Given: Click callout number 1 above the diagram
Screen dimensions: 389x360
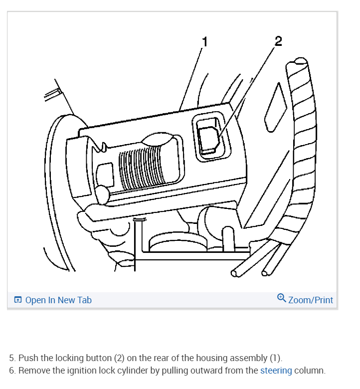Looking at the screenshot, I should pyautogui.click(x=204, y=42).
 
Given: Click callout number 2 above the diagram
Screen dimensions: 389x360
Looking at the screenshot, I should pyautogui.click(x=278, y=41).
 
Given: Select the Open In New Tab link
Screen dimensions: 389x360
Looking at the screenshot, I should pyautogui.click(x=58, y=300).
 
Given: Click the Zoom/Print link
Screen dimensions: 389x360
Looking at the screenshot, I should pyautogui.click(x=310, y=300).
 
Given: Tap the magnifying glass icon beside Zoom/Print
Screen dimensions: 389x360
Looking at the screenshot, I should pyautogui.click(x=282, y=299).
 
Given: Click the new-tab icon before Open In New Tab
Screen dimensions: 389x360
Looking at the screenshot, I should pyautogui.click(x=18, y=300).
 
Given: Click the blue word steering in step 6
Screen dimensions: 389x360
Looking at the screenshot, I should pyautogui.click(x=276, y=371).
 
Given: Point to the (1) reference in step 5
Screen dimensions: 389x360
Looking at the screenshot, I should pyautogui.click(x=275, y=358).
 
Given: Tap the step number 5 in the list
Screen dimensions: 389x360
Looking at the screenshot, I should pyautogui.click(x=12, y=358).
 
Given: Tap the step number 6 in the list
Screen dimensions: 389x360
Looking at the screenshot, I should pyautogui.click(x=12, y=371).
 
